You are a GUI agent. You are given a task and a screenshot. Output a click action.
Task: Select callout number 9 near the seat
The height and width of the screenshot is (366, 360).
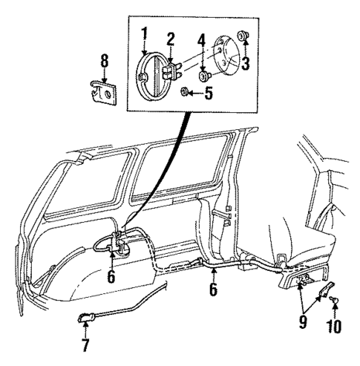(x=303, y=323)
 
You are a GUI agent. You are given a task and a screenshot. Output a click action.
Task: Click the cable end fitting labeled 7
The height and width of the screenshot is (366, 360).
(x=85, y=319)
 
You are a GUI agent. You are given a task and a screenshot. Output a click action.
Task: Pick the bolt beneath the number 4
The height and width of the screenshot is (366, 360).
(x=203, y=75)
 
